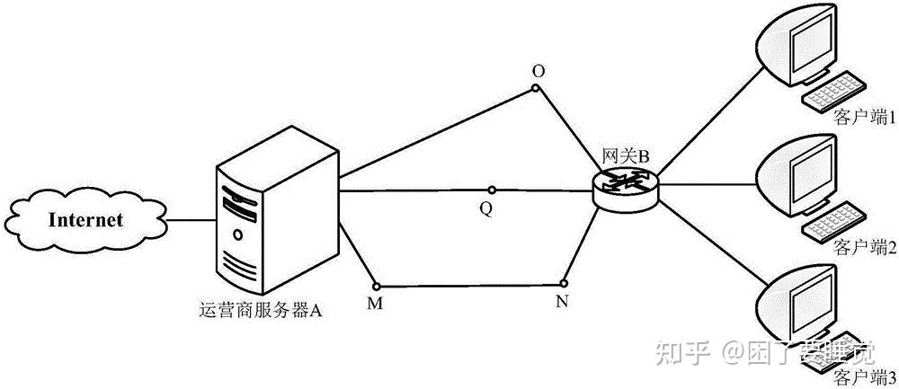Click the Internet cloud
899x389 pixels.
[85, 219]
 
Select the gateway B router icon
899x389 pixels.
[626, 186]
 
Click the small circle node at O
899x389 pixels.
[536, 88]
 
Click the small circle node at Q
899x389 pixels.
[491, 190]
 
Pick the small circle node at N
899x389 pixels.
[564, 283]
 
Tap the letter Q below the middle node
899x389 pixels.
[485, 208]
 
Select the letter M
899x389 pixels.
[375, 303]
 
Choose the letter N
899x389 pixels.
[563, 301]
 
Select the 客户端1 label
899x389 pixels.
[865, 117]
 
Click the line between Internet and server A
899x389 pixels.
[191, 219]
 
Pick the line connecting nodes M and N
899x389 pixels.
[467, 285]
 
